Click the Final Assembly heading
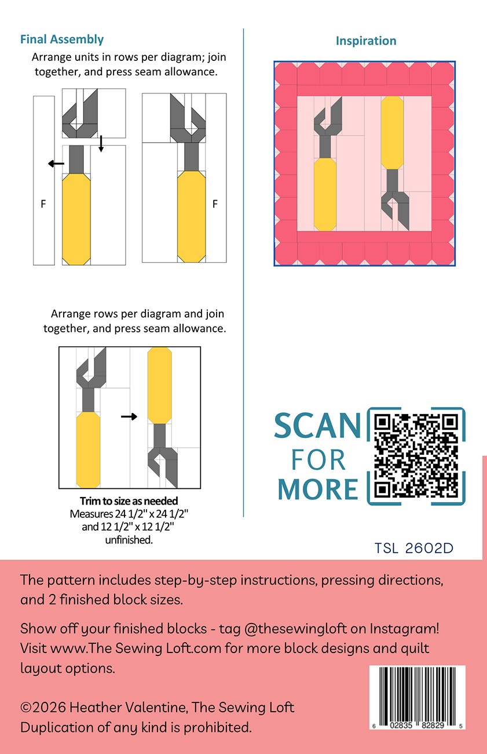(62, 39)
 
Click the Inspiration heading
(366, 41)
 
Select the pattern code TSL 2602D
(413, 548)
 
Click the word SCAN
(317, 426)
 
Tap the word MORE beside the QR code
(317, 489)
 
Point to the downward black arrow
(101, 144)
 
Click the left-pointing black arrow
(56, 164)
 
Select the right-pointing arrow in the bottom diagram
(129, 416)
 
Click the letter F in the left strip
(43, 204)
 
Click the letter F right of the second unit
(215, 204)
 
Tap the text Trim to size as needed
(129, 501)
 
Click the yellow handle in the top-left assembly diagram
(76, 219)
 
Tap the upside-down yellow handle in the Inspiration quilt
(392, 133)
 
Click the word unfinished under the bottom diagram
(129, 540)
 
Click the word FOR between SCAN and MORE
(318, 460)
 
